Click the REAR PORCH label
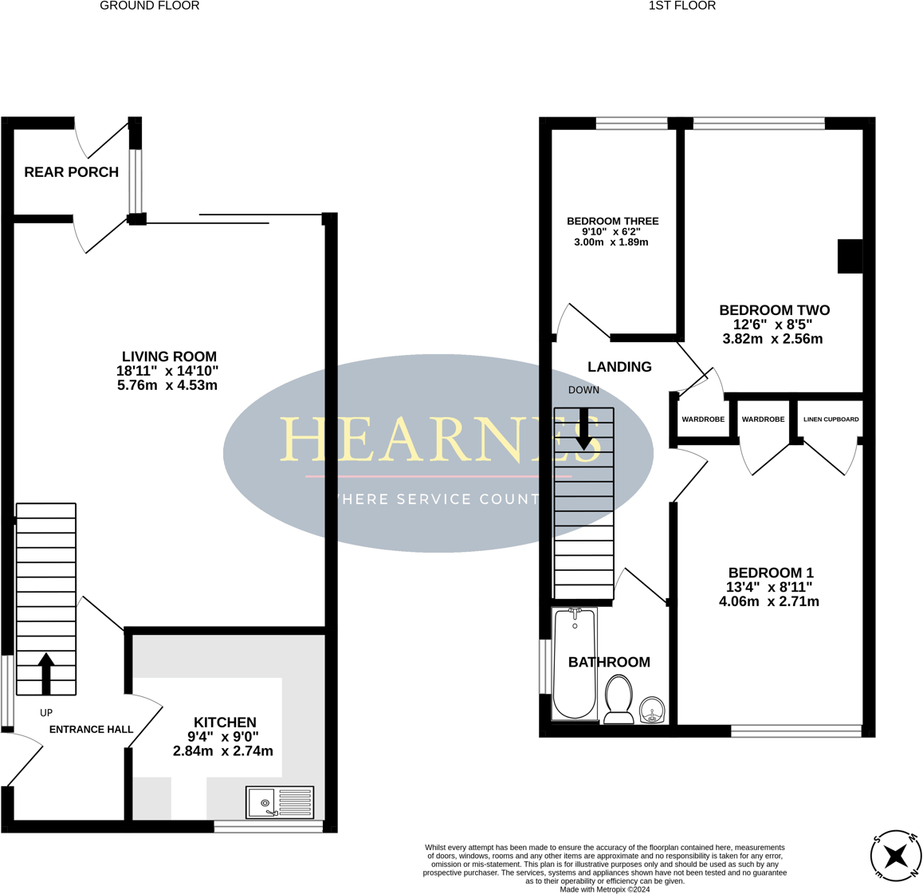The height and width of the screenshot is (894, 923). click(71, 172)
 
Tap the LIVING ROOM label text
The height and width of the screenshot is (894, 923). click(169, 356)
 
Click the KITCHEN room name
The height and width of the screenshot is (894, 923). click(225, 723)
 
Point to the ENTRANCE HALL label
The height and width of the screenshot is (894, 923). click(91, 729)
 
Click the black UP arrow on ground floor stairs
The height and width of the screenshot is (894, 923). click(46, 673)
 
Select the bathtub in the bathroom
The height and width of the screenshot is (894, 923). click(574, 664)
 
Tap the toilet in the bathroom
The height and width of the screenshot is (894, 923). click(619, 699)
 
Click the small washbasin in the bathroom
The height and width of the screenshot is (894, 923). click(653, 709)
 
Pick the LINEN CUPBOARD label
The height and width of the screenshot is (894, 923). click(831, 419)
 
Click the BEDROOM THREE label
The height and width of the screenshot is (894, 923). click(612, 221)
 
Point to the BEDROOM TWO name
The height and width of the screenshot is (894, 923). click(774, 310)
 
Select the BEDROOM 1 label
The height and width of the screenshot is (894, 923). click(770, 573)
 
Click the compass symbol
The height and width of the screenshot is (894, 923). click(896, 856)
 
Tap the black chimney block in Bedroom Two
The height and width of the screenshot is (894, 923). click(850, 257)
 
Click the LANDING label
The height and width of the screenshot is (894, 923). click(619, 367)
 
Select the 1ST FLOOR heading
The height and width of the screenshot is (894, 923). click(681, 6)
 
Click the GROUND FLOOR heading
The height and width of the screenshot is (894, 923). click(149, 6)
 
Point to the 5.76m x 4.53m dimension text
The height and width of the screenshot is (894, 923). click(167, 385)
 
